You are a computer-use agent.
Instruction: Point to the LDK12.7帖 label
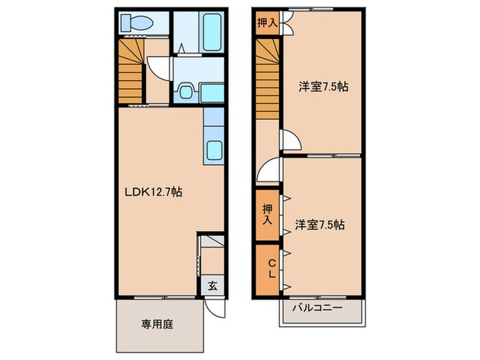click(x=153, y=191)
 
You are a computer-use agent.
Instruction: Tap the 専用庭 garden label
click(x=157, y=324)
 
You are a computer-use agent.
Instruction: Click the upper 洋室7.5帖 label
click(x=322, y=87)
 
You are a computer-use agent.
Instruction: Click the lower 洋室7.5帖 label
click(x=320, y=224)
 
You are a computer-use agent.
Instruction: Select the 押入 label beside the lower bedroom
click(x=267, y=214)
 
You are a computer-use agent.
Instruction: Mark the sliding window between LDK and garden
click(x=158, y=298)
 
